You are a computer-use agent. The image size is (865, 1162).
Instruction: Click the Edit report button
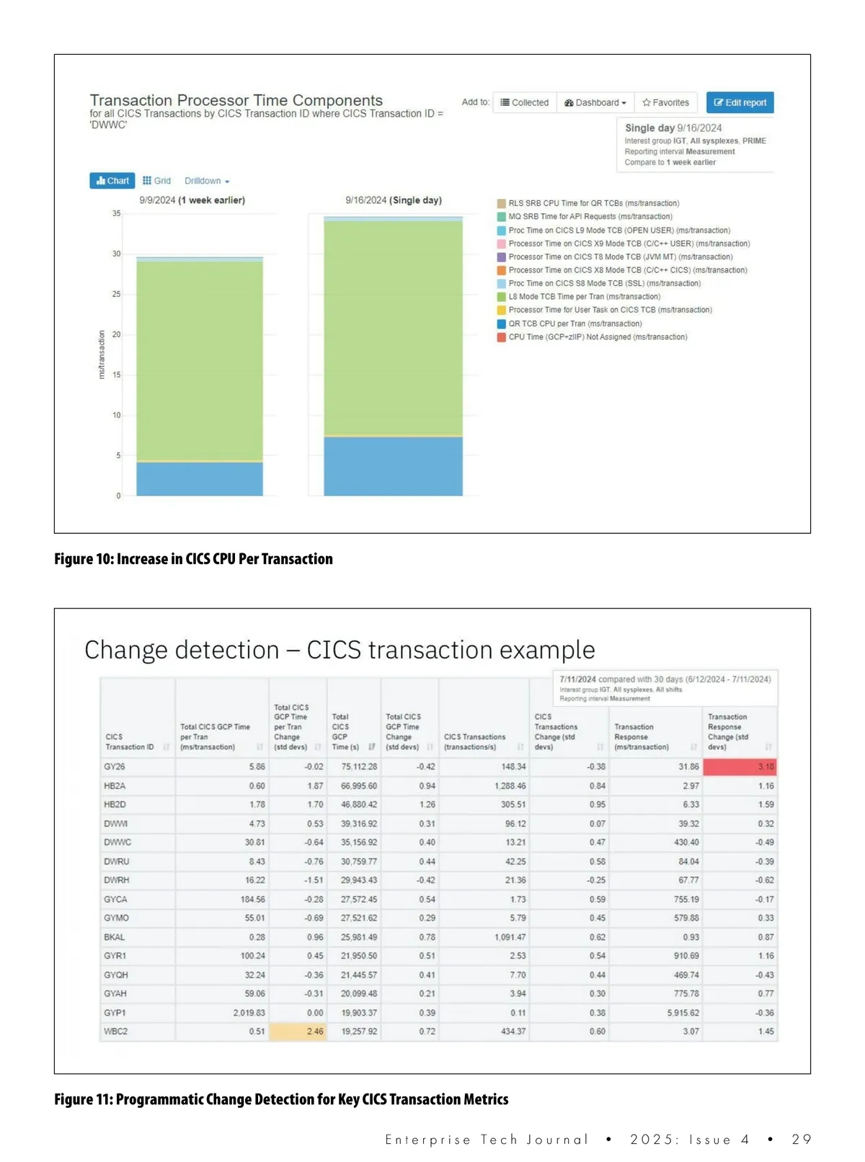pyautogui.click(x=740, y=102)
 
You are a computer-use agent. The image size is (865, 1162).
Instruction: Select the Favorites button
pyautogui.click(x=665, y=102)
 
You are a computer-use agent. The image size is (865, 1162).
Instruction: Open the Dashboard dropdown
pyautogui.click(x=595, y=102)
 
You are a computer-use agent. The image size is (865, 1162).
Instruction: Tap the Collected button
pyautogui.click(x=525, y=102)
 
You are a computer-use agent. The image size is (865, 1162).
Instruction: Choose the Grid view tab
pyautogui.click(x=156, y=181)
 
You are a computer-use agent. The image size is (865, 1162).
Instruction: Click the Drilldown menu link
pyautogui.click(x=206, y=181)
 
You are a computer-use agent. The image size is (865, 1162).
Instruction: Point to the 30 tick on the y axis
pyautogui.click(x=117, y=254)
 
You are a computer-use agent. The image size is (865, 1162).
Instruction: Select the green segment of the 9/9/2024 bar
pyautogui.click(x=200, y=360)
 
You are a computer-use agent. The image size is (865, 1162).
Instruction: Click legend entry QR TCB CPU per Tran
pyautogui.click(x=575, y=323)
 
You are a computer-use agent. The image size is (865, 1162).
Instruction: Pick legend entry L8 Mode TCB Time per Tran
pyautogui.click(x=584, y=297)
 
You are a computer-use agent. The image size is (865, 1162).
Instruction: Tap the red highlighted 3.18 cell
pyautogui.click(x=740, y=767)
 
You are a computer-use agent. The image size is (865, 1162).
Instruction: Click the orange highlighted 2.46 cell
pyautogui.click(x=298, y=1032)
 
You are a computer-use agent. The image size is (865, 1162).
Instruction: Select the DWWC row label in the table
pyautogui.click(x=117, y=842)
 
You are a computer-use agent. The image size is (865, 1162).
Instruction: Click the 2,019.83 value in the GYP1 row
pyautogui.click(x=249, y=1013)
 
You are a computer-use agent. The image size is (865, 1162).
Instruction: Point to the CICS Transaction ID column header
pyautogui.click(x=130, y=742)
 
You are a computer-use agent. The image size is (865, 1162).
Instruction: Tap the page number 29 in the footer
pyautogui.click(x=801, y=1139)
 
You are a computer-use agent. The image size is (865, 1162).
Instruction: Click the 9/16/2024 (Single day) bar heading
pyautogui.click(x=393, y=200)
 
